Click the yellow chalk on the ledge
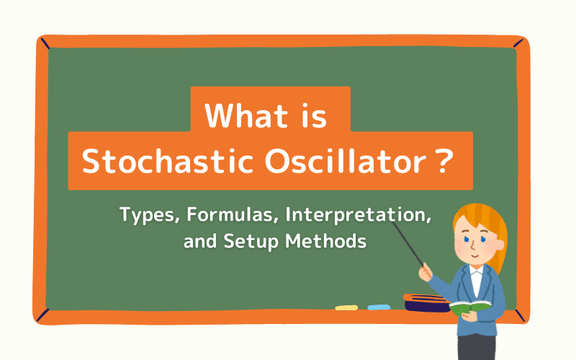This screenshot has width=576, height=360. point(346,307)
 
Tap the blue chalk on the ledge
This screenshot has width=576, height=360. point(379,307)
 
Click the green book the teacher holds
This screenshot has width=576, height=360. point(470,307)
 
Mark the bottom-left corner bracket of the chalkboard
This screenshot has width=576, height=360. point(42,315)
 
